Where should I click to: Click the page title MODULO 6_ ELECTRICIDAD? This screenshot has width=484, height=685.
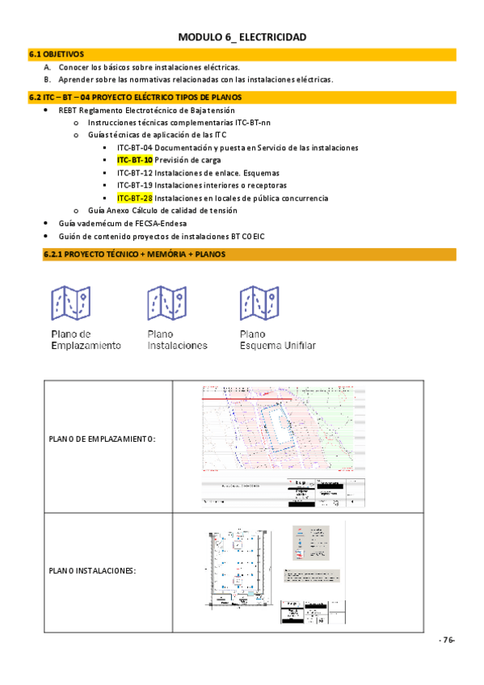click(242, 37)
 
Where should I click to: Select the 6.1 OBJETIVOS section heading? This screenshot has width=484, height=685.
click(57, 54)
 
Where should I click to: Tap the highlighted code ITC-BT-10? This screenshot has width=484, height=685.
click(134, 160)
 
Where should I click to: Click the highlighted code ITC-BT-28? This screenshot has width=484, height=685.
click(134, 198)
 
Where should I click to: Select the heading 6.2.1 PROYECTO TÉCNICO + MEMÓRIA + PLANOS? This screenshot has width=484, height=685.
click(134, 255)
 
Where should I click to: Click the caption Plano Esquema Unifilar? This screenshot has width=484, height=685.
click(277, 339)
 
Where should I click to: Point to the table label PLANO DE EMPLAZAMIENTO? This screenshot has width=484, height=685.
click(102, 439)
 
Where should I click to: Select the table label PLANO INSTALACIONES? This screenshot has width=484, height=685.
click(92, 570)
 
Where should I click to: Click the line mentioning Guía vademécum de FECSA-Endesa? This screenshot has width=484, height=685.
click(128, 223)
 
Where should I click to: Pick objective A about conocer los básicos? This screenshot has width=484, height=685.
click(149, 67)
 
